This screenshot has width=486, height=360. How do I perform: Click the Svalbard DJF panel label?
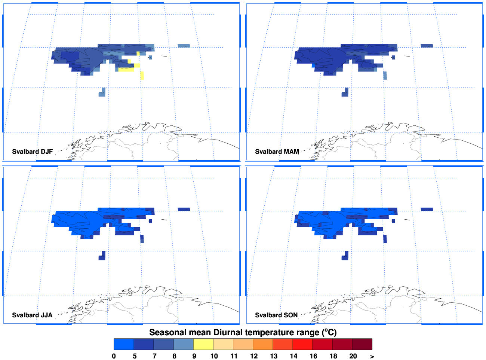(33, 152)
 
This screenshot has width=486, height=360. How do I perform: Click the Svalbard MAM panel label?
(277, 152)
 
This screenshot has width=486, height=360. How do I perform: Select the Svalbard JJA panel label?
(32, 315)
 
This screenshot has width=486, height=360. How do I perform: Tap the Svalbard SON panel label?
(276, 315)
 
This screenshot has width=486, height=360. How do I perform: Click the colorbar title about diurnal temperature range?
(243, 332)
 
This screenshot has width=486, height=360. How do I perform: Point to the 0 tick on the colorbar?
(114, 356)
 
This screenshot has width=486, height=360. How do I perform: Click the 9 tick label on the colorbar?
(194, 356)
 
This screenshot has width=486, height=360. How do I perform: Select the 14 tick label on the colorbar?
(293, 356)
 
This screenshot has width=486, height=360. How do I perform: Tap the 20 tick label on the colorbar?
(353, 356)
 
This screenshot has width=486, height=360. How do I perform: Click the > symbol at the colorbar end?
(372, 356)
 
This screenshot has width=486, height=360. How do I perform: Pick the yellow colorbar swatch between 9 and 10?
(203, 344)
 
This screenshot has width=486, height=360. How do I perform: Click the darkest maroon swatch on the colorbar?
(362, 344)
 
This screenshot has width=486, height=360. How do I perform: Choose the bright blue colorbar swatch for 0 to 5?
(124, 344)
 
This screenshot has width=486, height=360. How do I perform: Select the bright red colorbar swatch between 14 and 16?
(303, 344)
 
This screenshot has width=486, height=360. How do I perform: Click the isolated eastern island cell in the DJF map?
(184, 46)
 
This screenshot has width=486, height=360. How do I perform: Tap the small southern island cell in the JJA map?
(102, 256)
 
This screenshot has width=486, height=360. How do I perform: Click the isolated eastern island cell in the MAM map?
(427, 46)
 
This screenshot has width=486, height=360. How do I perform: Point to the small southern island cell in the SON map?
(345, 256)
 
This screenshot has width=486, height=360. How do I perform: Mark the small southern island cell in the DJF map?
(102, 92)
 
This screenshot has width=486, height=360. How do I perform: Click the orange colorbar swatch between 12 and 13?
(263, 344)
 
